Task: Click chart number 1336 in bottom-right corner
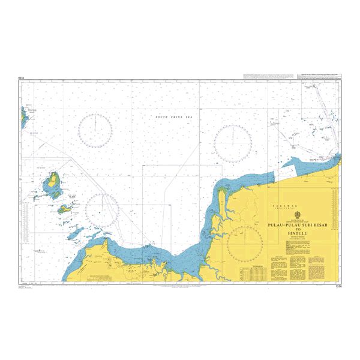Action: point(337,286)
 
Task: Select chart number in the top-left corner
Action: point(22,78)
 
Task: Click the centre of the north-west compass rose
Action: point(96,130)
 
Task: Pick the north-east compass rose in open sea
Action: point(233,143)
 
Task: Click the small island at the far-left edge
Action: point(23,116)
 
